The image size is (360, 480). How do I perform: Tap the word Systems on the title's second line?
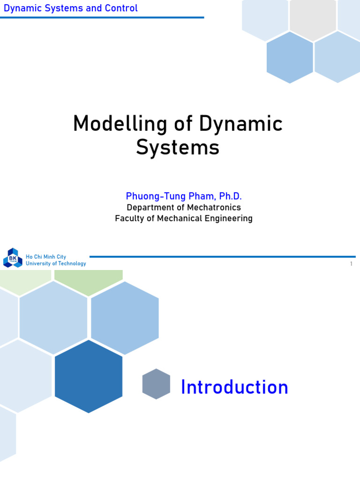pyautogui.click(x=178, y=148)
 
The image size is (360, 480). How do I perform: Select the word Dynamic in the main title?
pyautogui.click(x=241, y=125)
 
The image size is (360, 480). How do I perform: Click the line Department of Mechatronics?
pyautogui.click(x=184, y=208)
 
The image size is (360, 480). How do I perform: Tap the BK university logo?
pyautogui.click(x=13, y=258)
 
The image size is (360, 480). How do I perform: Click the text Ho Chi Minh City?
pyautogui.click(x=46, y=257)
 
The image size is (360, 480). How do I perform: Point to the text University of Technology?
pyautogui.click(x=56, y=263)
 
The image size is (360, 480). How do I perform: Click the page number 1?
pyautogui.click(x=351, y=264)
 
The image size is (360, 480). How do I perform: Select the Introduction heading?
pyautogui.click(x=234, y=388)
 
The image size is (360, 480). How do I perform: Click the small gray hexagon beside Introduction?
pyautogui.click(x=156, y=384)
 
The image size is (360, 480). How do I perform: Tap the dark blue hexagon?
pyautogui.click(x=89, y=376)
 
